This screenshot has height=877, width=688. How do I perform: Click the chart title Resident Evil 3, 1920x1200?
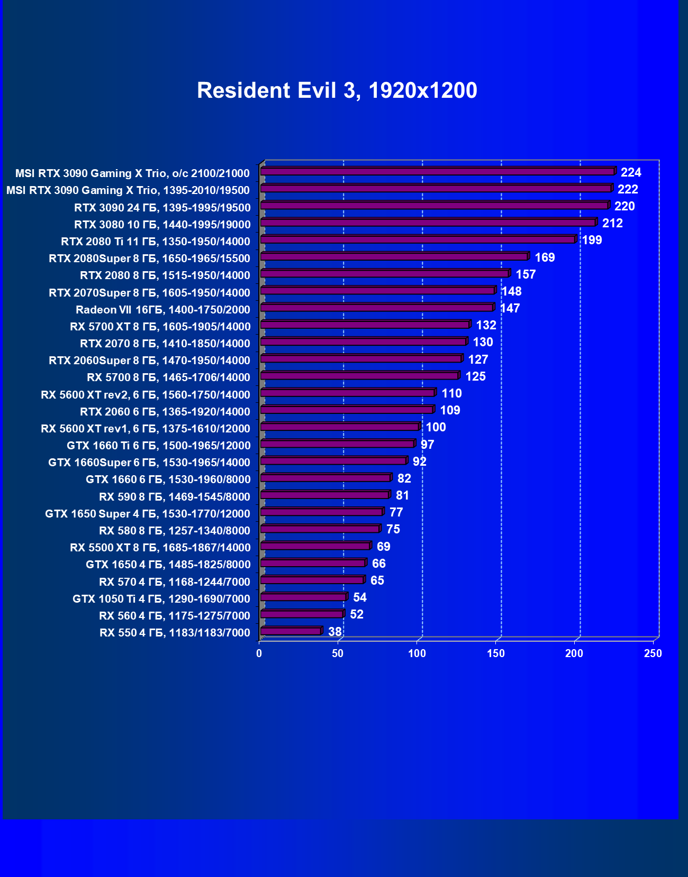(337, 90)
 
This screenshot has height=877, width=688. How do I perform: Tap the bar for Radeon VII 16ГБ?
(376, 308)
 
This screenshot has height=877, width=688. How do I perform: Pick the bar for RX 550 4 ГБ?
(291, 631)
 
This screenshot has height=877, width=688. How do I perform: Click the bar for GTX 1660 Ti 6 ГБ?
(337, 444)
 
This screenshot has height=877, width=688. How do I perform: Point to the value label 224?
(631, 172)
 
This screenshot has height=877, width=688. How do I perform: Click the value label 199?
(592, 240)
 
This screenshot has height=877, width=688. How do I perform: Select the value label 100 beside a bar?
(436, 427)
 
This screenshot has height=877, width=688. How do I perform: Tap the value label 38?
(335, 632)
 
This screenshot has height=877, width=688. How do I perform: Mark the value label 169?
(545, 257)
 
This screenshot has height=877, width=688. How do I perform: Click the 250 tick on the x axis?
(653, 653)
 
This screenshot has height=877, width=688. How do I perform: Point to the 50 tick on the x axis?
(338, 653)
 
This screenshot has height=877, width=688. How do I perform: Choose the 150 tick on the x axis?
(496, 653)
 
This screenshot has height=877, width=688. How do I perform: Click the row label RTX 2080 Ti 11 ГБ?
(156, 242)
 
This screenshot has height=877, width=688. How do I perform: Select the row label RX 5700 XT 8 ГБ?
(160, 327)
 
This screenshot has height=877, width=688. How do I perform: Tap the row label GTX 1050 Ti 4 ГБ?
(161, 599)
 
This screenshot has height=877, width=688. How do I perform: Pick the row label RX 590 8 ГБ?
(175, 497)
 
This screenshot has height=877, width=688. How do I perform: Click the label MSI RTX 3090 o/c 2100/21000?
(132, 173)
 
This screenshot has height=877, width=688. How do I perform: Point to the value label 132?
(486, 325)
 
